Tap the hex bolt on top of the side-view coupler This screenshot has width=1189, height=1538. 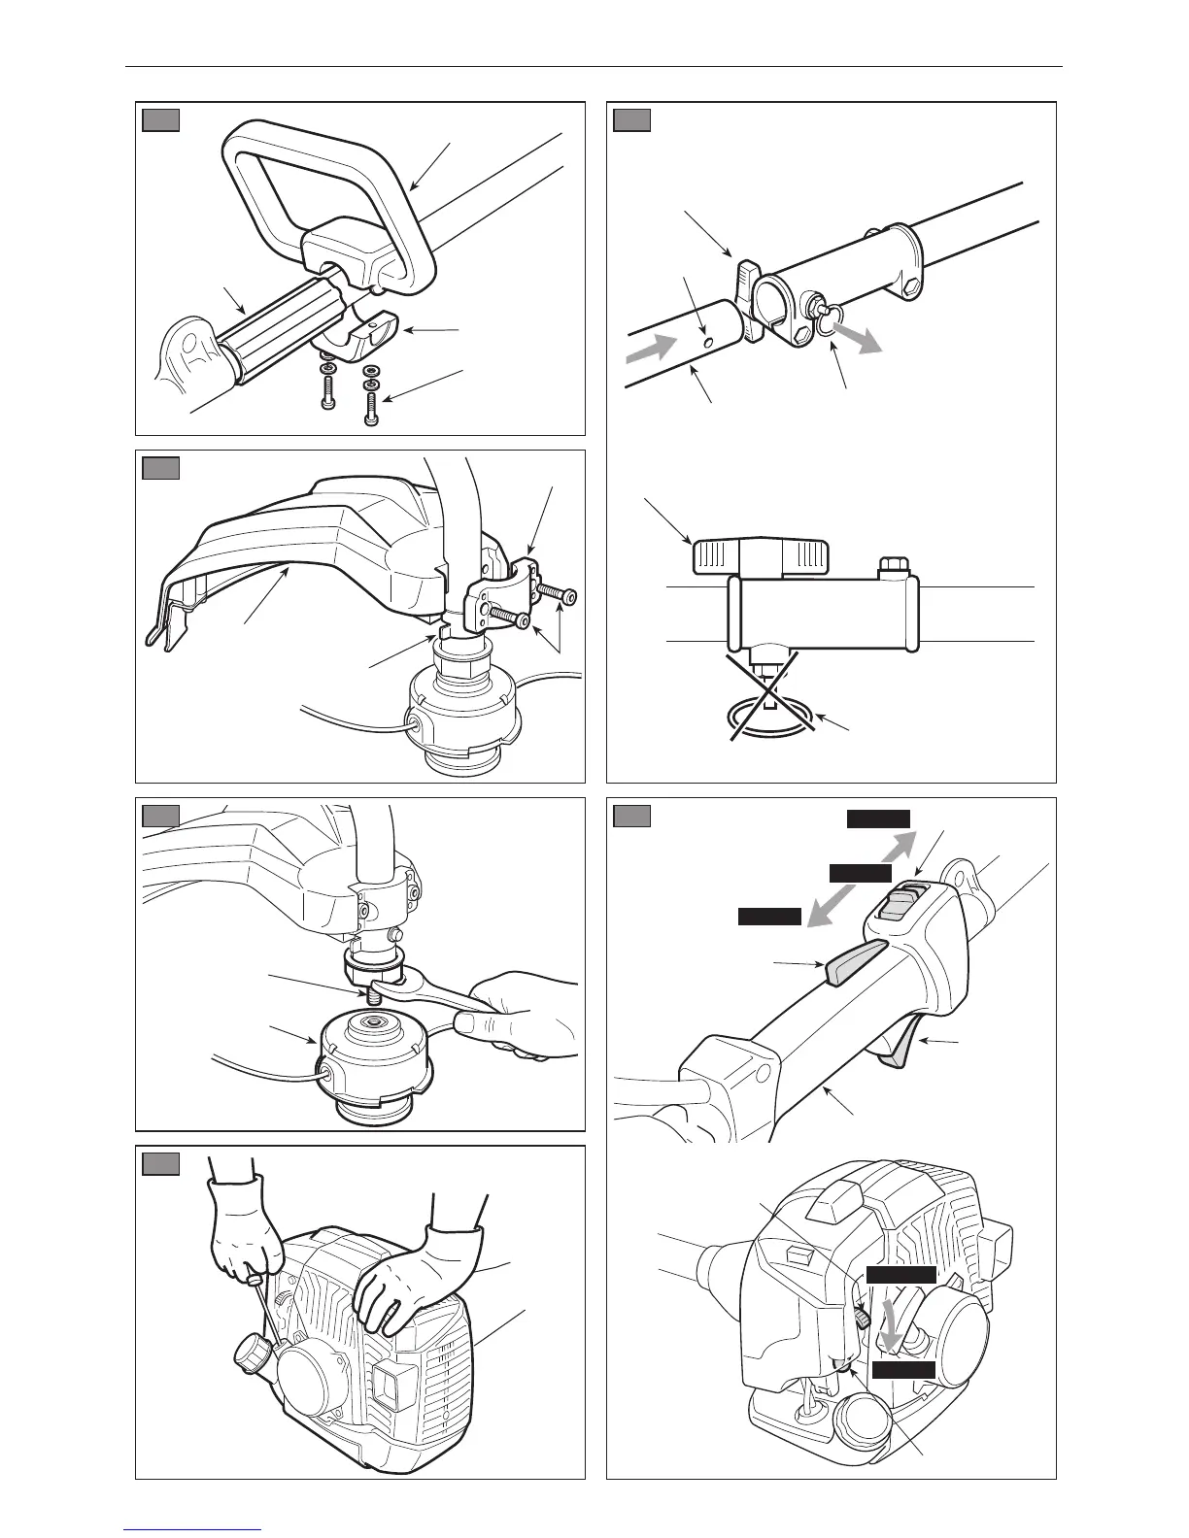[892, 564]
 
